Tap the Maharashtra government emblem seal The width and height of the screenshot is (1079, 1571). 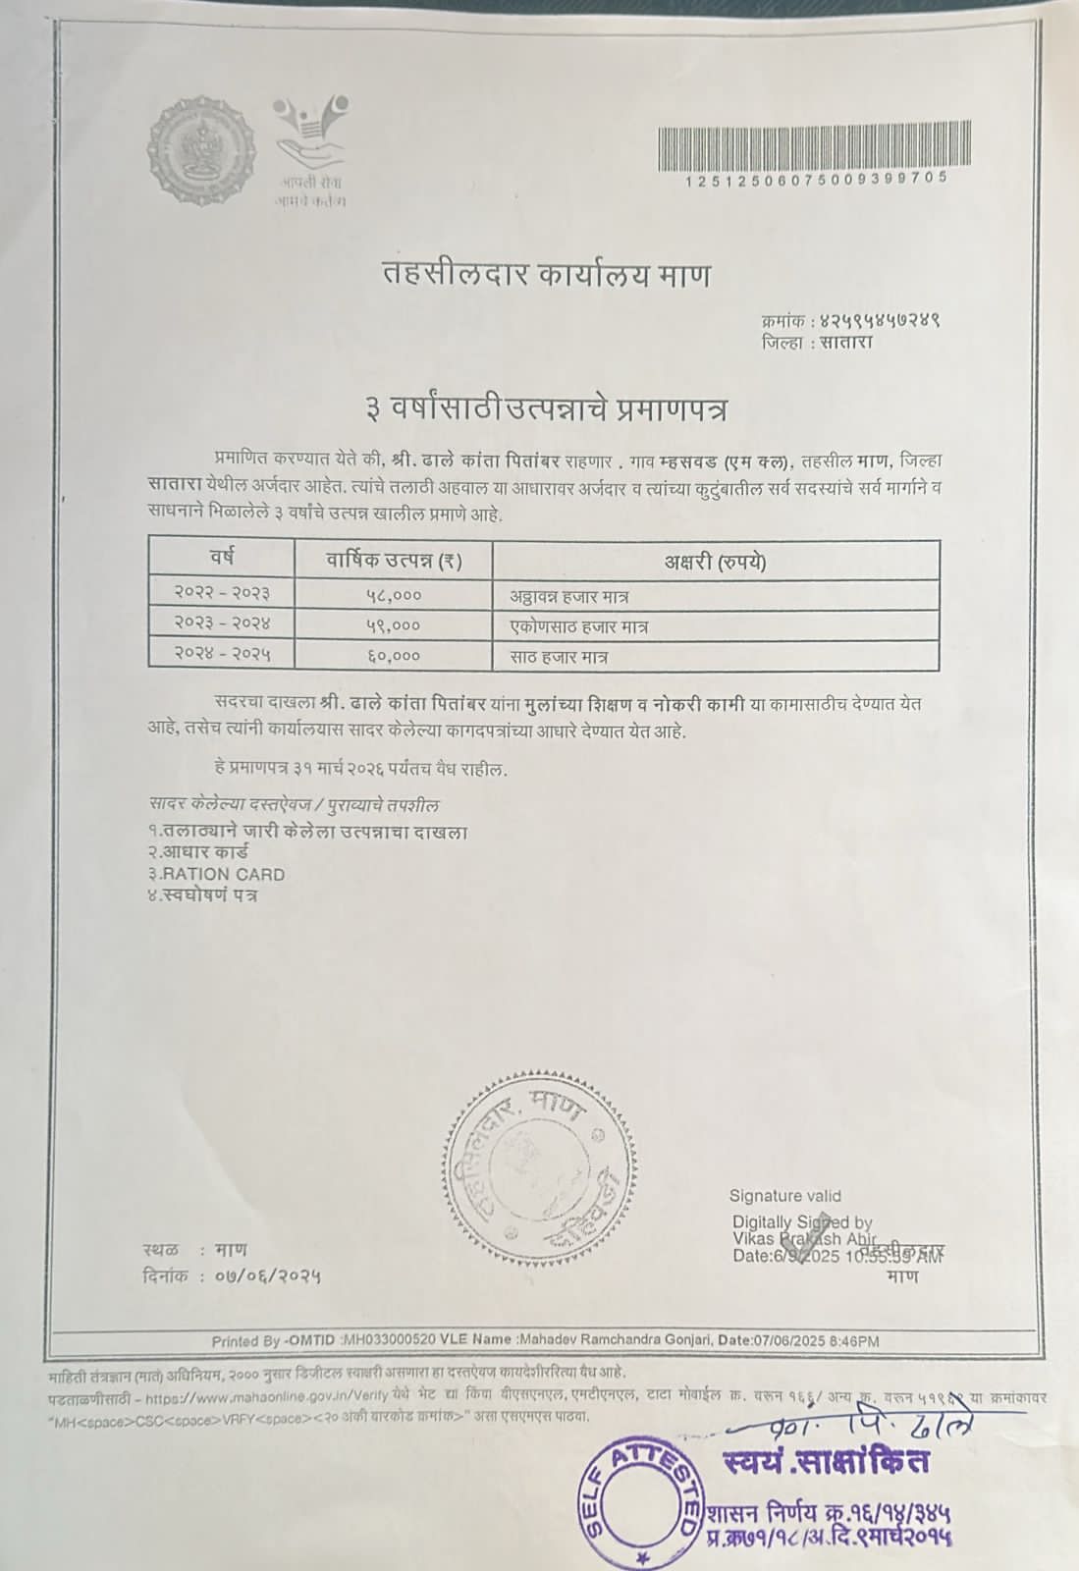(200, 149)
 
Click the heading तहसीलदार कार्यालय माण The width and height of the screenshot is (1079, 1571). (546, 275)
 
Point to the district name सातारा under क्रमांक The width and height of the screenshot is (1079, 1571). (847, 343)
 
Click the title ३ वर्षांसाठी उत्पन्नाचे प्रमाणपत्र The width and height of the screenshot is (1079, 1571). (546, 407)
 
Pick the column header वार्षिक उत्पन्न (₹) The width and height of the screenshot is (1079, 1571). (394, 561)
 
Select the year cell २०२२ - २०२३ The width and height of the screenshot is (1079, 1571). (222, 593)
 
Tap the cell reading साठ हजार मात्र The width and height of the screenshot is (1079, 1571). (559, 656)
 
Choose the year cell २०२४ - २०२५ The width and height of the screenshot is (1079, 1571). (222, 654)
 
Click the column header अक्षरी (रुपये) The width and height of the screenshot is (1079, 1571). (715, 562)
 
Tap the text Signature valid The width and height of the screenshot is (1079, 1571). (784, 1196)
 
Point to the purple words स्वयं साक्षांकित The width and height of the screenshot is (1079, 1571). (825, 1461)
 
